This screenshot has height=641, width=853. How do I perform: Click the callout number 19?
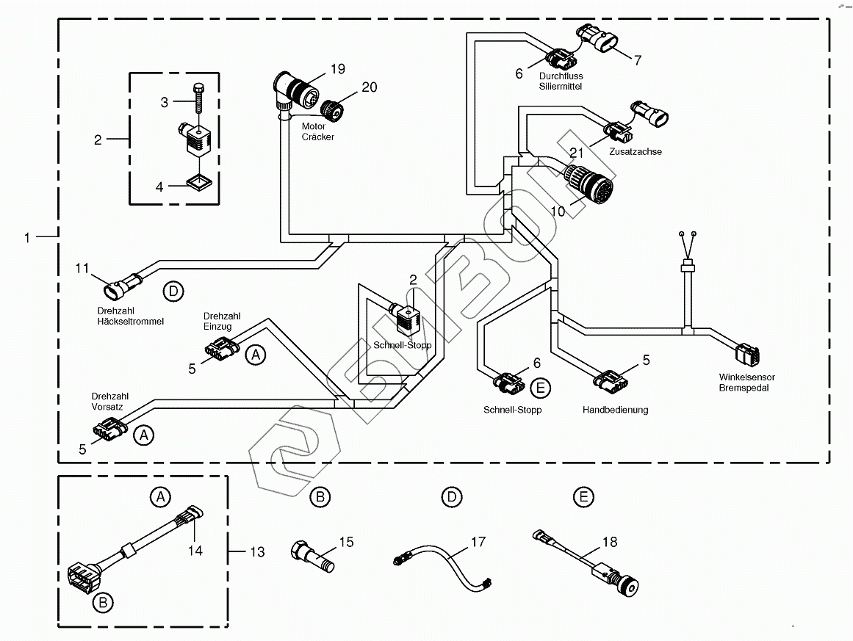(337, 69)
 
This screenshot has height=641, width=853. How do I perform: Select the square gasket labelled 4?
(197, 181)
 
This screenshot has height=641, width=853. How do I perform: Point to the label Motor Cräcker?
(318, 131)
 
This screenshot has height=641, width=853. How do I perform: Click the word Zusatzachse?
(636, 151)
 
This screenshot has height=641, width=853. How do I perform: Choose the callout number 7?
(638, 60)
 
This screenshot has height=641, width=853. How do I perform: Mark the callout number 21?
(576, 153)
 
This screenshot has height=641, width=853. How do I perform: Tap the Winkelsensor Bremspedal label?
(746, 383)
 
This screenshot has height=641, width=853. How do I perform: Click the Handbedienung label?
(615, 410)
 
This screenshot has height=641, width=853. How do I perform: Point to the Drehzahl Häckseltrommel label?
(130, 316)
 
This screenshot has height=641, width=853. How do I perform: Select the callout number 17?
(478, 543)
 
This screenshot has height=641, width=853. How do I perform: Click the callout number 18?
(610, 543)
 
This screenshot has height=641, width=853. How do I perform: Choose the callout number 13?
(256, 552)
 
